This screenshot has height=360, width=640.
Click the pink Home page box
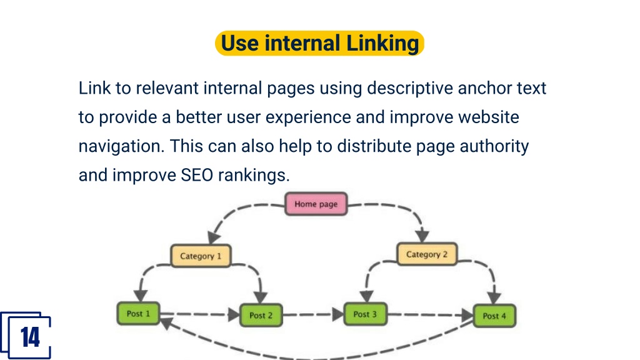click(x=316, y=204)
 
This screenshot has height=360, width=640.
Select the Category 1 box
click(x=201, y=256)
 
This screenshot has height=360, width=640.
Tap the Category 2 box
click(x=427, y=254)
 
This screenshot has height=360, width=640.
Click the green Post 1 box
click(x=138, y=314)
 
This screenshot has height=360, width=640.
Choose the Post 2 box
click(x=261, y=315)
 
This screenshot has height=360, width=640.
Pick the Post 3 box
click(x=365, y=314)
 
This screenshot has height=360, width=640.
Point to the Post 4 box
click(x=494, y=316)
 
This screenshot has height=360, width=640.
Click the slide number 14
click(x=30, y=337)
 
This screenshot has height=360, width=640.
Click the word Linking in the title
click(x=382, y=43)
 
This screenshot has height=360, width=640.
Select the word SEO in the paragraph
click(x=197, y=175)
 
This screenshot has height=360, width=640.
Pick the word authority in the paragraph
click(x=494, y=146)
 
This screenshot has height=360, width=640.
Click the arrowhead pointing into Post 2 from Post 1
click(x=234, y=314)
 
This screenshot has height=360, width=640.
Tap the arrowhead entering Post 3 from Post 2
click(x=338, y=314)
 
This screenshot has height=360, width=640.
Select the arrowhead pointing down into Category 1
click(x=214, y=237)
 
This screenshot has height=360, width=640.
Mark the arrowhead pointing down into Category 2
click(x=422, y=236)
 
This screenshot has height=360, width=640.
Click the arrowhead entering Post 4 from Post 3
click(x=467, y=315)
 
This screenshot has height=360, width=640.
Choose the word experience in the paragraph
click(x=308, y=117)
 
